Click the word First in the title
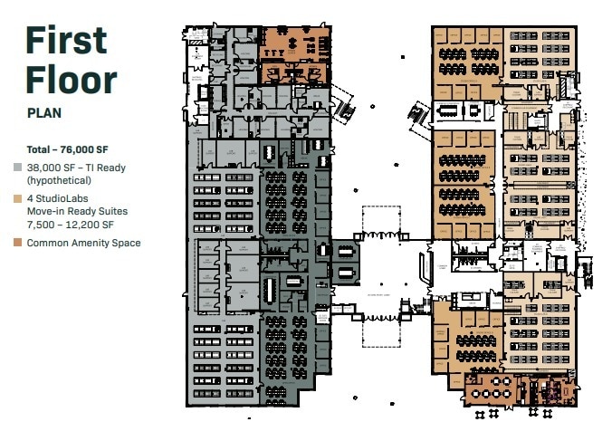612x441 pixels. (66, 41)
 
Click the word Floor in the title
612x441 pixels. (72, 80)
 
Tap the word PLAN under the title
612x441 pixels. (44, 115)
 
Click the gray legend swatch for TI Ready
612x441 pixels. (19, 168)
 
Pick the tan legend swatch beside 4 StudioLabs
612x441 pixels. (19, 198)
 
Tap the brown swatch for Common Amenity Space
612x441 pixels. (19, 243)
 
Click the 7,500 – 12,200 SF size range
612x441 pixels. (70, 224)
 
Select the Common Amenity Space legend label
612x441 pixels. (83, 243)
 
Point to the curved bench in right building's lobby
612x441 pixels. (423, 268)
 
